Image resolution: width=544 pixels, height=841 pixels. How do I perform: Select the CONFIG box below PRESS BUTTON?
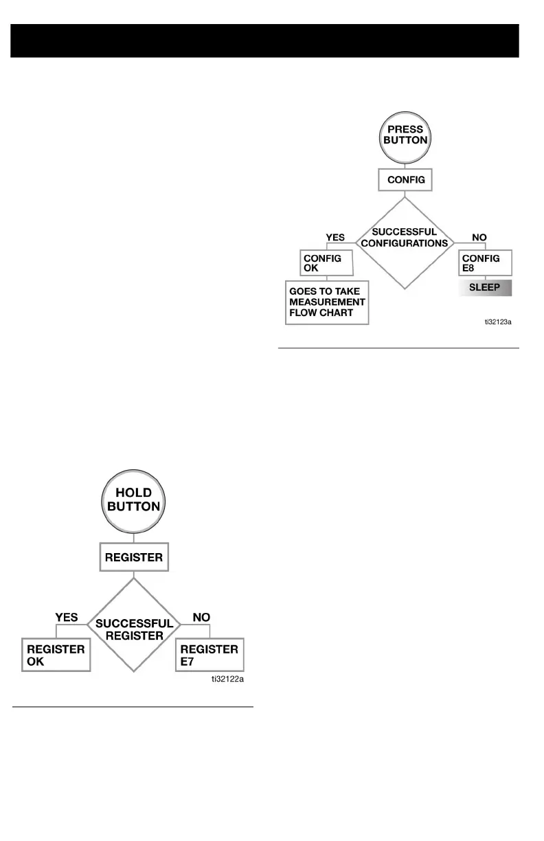pyautogui.click(x=405, y=181)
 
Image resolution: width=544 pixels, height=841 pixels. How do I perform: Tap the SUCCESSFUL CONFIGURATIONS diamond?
pyautogui.click(x=405, y=238)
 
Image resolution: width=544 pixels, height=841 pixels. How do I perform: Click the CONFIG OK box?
pyautogui.click(x=327, y=263)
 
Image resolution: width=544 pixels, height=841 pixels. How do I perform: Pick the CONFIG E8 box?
pyautogui.click(x=486, y=263)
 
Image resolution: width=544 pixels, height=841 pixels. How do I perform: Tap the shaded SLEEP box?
pyautogui.click(x=485, y=287)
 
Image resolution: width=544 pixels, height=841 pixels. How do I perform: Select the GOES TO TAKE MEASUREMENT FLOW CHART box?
pyautogui.click(x=327, y=302)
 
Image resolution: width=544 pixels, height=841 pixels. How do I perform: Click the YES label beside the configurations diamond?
pyautogui.click(x=335, y=236)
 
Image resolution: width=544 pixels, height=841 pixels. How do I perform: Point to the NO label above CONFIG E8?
pyautogui.click(x=479, y=236)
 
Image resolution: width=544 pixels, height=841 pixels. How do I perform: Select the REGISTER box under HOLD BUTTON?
pyautogui.click(x=134, y=557)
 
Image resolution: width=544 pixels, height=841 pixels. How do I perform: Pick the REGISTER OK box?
pyautogui.click(x=56, y=655)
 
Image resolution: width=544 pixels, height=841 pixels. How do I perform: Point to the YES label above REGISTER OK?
pyautogui.click(x=66, y=618)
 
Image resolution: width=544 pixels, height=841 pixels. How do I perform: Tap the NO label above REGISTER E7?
pyautogui.click(x=201, y=618)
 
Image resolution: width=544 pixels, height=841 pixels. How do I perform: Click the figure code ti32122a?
pyautogui.click(x=227, y=679)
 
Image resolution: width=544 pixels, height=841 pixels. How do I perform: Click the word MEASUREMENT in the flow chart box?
pyautogui.click(x=327, y=302)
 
